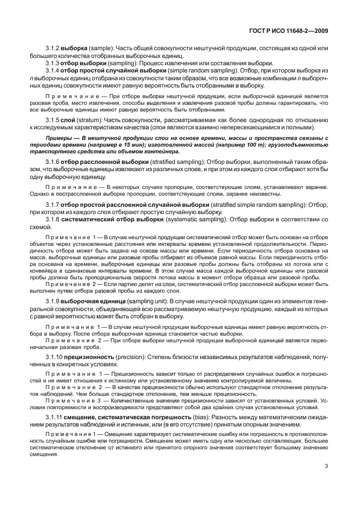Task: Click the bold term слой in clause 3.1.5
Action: [75, 120]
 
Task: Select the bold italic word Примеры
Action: [59, 137]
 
